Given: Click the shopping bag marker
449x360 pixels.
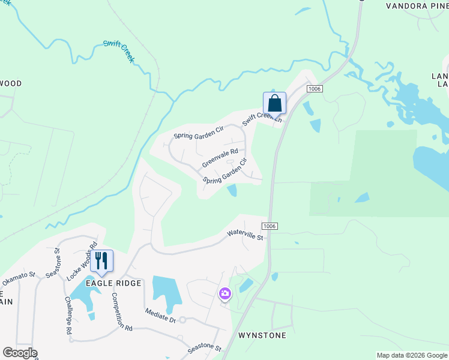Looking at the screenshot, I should tap(274, 103).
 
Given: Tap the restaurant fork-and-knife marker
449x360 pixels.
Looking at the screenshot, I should tap(101, 260).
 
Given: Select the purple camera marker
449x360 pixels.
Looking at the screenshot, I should tap(224, 293).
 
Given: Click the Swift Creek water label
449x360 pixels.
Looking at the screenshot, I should tap(119, 51).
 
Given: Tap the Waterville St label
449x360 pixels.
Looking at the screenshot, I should tap(245, 236).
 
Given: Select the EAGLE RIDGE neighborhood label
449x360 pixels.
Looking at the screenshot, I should tap(113, 283).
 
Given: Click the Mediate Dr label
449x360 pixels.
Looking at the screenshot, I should tap(160, 315).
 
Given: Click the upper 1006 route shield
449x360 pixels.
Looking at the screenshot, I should tap(315, 89).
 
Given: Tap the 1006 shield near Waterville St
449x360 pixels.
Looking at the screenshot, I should tap(268, 224).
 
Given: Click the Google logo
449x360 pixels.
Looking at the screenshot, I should tap(20, 353).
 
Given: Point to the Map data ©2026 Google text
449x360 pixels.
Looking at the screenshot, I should tap(411, 355).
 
